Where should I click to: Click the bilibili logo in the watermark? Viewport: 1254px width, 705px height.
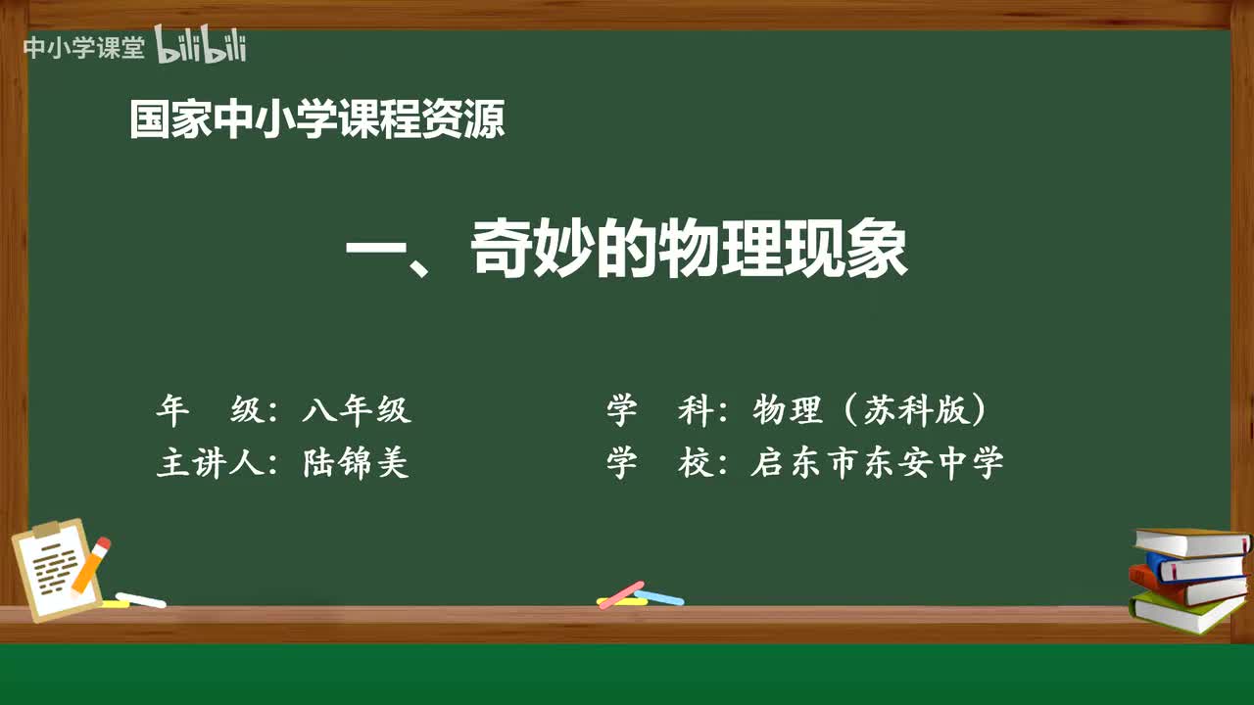coord(201,46)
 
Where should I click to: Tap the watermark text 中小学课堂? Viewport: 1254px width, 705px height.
coord(83,48)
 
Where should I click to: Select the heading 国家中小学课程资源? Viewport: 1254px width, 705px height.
coord(317,120)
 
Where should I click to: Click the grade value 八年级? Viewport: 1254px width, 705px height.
coord(357,410)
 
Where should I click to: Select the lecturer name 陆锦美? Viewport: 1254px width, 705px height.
coord(357,463)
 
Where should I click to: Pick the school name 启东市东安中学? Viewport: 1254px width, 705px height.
coord(877,463)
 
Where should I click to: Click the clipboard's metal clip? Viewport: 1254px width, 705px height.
coord(46,530)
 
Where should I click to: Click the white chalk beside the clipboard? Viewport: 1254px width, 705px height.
coord(140,599)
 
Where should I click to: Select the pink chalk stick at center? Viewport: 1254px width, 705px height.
coord(620,594)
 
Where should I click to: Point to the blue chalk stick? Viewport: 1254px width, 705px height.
coord(658,596)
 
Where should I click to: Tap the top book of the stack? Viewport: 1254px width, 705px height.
coord(1190,540)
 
